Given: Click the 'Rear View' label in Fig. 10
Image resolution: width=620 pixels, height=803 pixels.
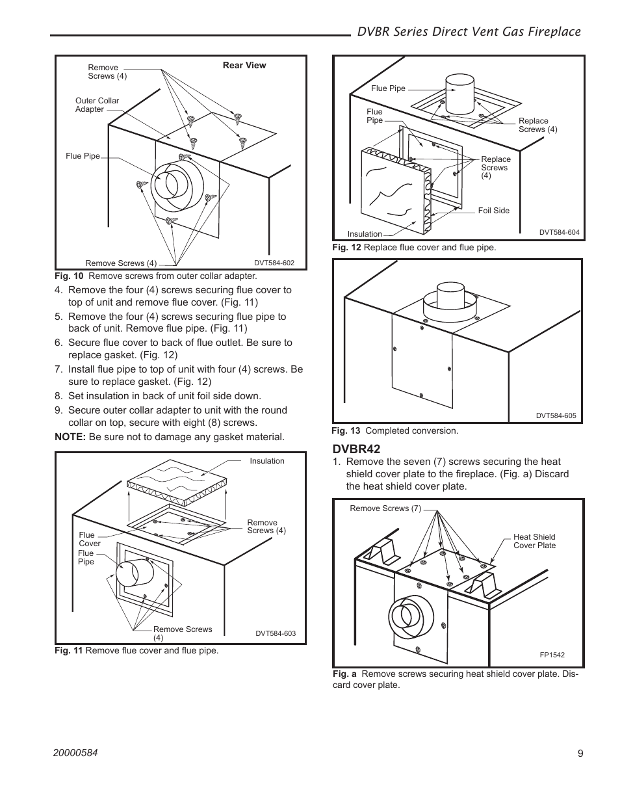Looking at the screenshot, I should click(244, 66).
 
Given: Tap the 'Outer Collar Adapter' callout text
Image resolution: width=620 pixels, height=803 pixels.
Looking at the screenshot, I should click(97, 105).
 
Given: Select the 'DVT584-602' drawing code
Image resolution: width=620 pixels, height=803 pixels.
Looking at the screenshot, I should click(274, 263).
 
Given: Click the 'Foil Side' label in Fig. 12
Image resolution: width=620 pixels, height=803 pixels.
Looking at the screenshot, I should click(493, 211).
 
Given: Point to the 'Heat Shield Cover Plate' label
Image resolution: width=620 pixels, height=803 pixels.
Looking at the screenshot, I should click(534, 541).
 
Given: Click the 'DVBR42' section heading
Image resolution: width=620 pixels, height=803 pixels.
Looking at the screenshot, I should click(356, 449).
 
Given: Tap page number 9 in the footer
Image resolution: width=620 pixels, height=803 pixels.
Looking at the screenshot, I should click(580, 754).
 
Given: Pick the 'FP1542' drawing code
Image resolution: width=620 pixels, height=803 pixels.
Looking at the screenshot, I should click(552, 655).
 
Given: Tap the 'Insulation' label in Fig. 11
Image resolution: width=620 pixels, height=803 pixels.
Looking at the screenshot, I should click(267, 461).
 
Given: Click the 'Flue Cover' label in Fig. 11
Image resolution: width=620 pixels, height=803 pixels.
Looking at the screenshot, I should click(90, 540).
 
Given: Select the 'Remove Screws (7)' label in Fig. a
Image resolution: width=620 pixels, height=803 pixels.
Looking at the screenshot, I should click(385, 508).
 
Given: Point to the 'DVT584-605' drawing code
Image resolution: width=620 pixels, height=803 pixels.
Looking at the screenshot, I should click(556, 416).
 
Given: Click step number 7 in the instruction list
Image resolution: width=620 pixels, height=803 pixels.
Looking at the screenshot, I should click(58, 369).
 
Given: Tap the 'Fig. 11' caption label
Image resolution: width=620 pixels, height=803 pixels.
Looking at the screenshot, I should click(69, 650).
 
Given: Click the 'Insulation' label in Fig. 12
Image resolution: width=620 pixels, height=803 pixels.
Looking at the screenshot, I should click(365, 234).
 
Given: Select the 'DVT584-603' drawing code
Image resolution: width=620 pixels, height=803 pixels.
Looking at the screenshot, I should click(275, 633).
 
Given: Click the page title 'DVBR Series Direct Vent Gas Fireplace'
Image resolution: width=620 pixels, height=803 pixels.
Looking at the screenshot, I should click(469, 31).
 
